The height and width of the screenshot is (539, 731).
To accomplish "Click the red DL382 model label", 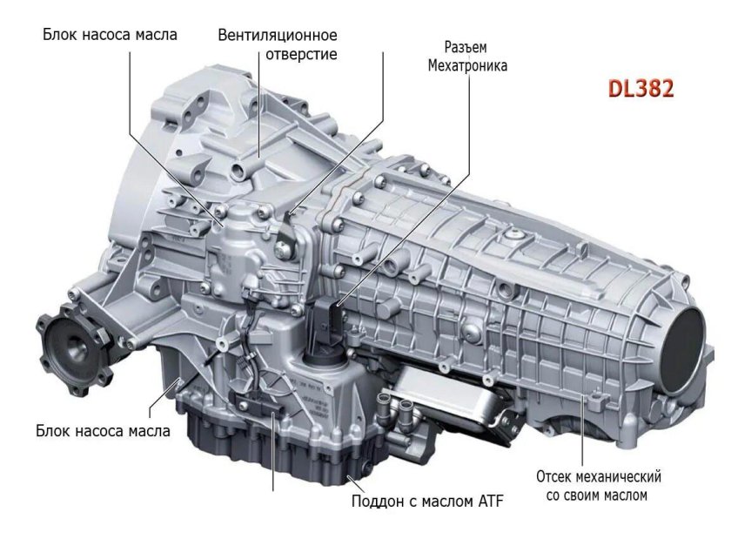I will pos(640,89).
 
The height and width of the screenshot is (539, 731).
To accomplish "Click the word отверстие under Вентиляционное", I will pos(301,54).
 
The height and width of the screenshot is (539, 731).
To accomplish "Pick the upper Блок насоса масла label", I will pos(110,35).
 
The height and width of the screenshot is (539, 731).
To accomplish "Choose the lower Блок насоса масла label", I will pos(104,430).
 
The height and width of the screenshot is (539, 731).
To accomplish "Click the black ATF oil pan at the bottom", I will pos(287,444).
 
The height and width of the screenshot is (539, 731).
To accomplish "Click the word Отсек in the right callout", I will pos(554,477).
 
